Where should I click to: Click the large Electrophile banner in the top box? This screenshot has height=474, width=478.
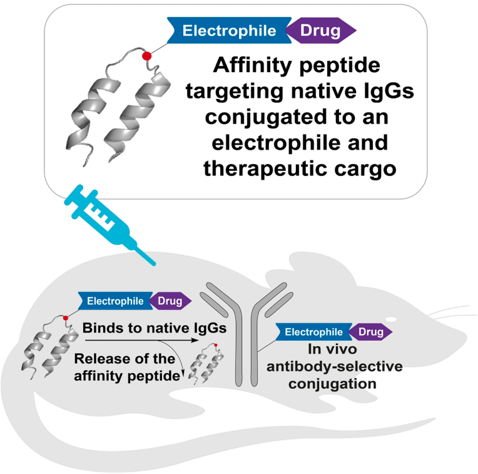[229, 30]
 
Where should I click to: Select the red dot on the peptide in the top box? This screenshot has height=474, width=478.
[147, 56]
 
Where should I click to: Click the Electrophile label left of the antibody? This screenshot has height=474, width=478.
[116, 301]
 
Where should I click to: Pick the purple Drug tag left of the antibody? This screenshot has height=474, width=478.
[169, 301]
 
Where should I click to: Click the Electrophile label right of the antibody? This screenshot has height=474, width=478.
[313, 332]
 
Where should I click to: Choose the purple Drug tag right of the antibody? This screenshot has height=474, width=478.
[369, 332]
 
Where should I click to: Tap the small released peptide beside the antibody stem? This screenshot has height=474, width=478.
[207, 366]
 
